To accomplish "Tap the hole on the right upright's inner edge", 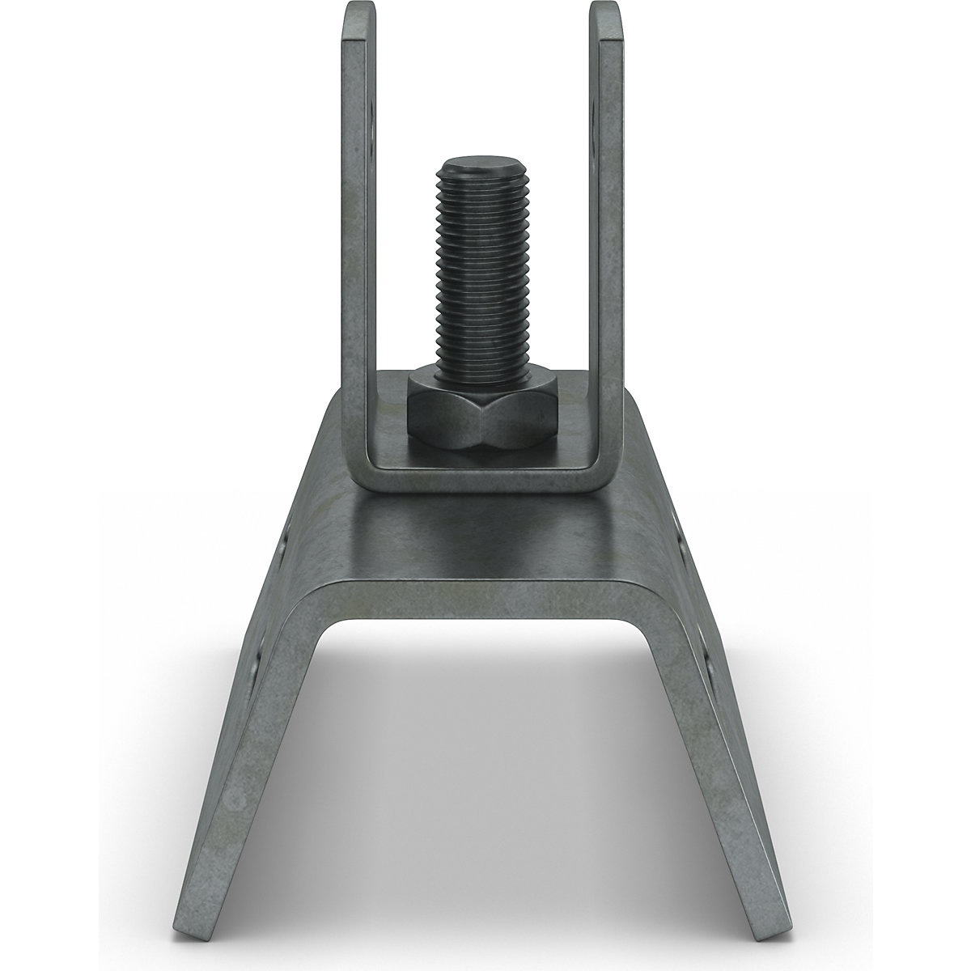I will point(597,121).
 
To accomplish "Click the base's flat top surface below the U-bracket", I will point(485,534).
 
